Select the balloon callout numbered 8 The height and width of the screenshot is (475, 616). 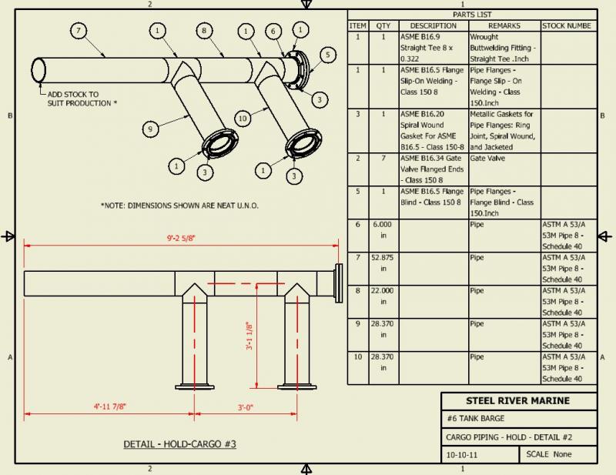point(203,31)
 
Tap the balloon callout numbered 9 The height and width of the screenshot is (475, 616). point(151,128)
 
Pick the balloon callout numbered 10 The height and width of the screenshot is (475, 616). point(243,119)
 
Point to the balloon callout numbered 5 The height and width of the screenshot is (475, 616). point(327,55)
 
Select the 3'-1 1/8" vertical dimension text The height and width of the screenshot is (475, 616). point(248,336)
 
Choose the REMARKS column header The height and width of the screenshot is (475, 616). point(504,25)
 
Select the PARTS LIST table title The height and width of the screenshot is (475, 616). point(472,15)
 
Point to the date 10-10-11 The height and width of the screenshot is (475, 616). point(461,454)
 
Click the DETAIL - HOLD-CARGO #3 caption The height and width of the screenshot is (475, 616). point(179,444)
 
